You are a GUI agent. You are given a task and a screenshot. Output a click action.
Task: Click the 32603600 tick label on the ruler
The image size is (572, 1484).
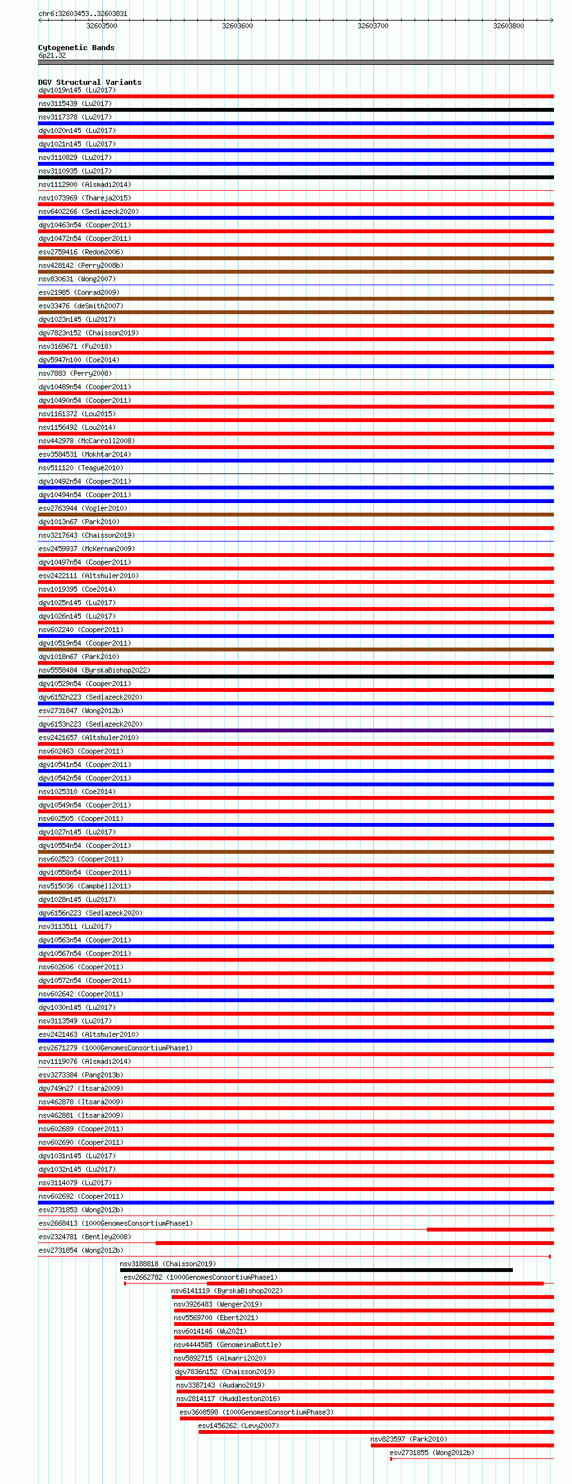[237, 26]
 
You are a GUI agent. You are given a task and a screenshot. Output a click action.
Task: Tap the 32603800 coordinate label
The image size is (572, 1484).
[508, 26]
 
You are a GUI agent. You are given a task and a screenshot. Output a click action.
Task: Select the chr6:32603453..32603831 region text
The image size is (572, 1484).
[83, 13]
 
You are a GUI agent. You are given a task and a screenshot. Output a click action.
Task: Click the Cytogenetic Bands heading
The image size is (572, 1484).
[76, 48]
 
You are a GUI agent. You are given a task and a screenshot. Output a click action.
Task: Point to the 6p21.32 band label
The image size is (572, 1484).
[52, 55]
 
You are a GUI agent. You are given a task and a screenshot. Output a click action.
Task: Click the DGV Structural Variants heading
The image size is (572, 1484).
[90, 82]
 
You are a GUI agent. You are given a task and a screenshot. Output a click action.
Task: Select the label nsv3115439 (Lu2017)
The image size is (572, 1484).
[75, 103]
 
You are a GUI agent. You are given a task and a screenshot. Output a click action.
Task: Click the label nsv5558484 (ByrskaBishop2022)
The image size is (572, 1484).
[94, 670]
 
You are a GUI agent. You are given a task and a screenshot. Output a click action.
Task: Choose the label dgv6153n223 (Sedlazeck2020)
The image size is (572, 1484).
[91, 724]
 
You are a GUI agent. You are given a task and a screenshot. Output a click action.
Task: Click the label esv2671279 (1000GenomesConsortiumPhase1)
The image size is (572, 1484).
[116, 1048]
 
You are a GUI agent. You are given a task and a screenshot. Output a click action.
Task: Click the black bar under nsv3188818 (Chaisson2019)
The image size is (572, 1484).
[316, 1270]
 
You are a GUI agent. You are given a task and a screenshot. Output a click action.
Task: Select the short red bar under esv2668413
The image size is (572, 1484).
[490, 1230]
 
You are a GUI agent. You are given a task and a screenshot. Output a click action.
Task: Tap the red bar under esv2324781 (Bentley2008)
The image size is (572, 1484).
[354, 1243]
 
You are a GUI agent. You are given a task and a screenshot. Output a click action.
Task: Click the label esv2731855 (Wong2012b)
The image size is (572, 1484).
[432, 1453]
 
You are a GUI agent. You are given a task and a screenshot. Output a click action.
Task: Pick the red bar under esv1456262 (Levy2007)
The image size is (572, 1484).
[375, 1432]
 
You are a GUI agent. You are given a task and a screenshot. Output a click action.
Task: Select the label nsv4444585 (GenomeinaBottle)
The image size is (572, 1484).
[228, 1345]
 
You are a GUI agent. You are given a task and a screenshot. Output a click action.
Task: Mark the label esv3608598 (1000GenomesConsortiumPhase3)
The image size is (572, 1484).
[256, 1412]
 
